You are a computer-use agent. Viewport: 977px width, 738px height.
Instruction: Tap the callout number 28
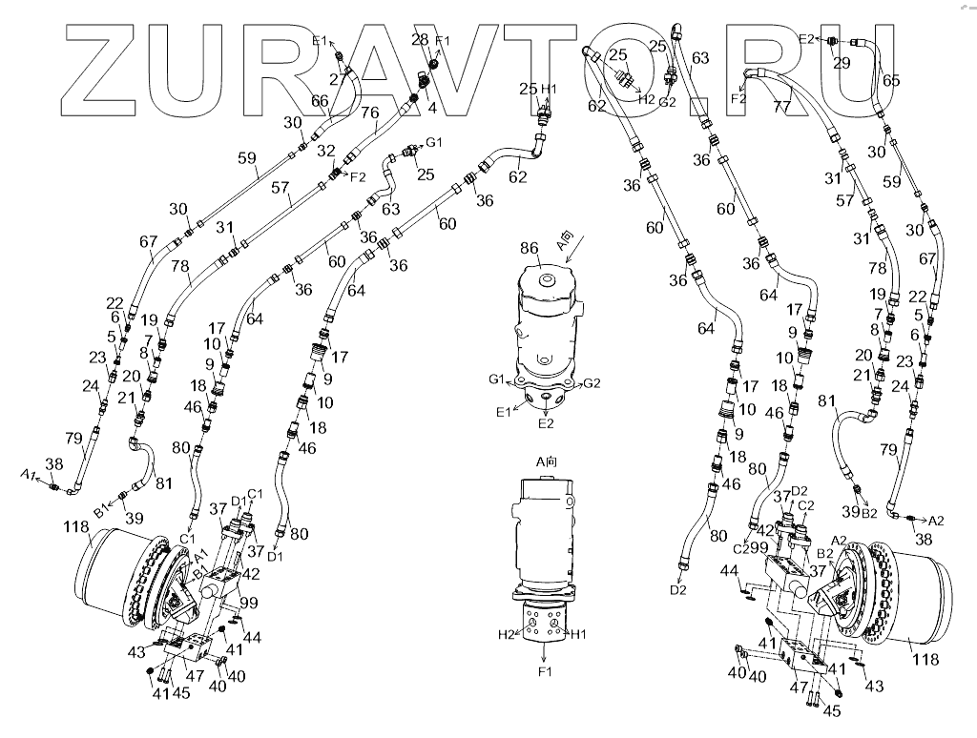click(419, 39)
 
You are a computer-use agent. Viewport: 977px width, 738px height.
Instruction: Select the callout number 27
click(336, 79)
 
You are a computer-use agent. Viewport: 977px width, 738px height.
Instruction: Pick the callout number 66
click(320, 100)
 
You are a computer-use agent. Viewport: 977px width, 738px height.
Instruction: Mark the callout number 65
click(890, 81)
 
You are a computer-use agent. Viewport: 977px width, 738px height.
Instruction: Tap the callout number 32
click(325, 151)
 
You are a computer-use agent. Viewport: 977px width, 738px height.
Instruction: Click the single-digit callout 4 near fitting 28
click(432, 108)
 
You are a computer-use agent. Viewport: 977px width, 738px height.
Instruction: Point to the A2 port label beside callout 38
click(936, 521)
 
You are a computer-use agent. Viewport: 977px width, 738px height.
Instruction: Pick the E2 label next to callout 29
click(806, 38)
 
